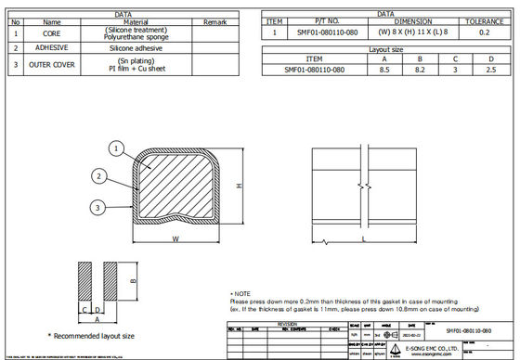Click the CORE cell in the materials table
[52, 32]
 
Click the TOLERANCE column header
[483, 19]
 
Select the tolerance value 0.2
[483, 32]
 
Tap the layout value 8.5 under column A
[384, 70]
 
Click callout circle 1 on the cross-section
[115, 148]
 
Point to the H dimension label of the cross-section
[240, 186]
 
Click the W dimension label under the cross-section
[175, 239]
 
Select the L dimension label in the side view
[362, 239]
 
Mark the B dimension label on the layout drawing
[133, 280]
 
